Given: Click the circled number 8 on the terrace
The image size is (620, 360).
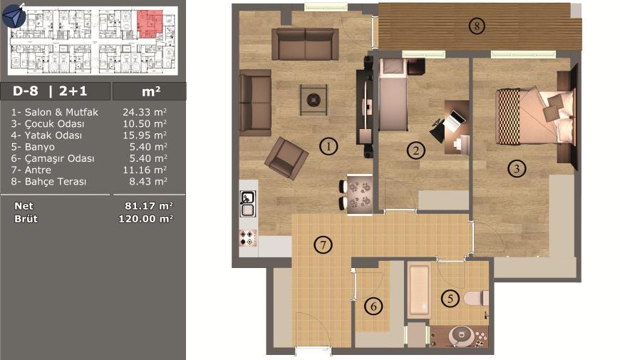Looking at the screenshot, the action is (x=477, y=26).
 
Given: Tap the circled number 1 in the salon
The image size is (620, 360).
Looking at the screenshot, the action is (x=329, y=146).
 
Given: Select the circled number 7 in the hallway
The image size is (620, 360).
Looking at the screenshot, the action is (x=323, y=245).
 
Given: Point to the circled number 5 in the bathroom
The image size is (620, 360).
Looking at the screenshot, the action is (x=450, y=298).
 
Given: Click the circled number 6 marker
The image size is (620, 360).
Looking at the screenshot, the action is (x=373, y=307).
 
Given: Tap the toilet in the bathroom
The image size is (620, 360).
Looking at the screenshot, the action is (x=477, y=298).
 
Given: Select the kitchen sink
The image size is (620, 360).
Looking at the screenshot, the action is (x=247, y=203).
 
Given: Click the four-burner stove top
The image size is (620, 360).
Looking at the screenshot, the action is (x=248, y=238).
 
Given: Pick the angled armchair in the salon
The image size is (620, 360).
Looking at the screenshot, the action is (x=286, y=158).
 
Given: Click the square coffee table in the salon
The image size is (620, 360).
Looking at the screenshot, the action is (x=314, y=100).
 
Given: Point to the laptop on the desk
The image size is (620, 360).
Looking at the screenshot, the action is (x=455, y=120).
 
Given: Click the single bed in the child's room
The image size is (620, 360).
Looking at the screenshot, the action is (x=393, y=95).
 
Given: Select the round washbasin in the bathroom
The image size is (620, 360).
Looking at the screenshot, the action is (x=462, y=336).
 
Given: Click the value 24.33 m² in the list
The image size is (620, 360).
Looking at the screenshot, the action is (x=145, y=112).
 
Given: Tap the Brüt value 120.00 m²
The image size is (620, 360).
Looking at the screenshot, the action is (x=146, y=218).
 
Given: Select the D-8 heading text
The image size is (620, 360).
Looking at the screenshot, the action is (x=26, y=91).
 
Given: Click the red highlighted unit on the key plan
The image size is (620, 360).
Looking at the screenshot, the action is (x=149, y=24).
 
